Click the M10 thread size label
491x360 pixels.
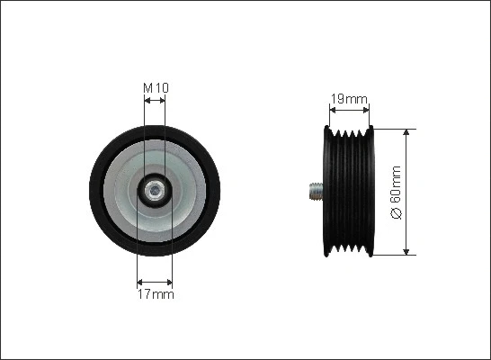tap(156, 87)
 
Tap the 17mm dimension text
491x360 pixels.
tap(156, 293)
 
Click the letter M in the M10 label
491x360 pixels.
tap(148, 87)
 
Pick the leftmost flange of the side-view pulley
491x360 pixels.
tap(326, 191)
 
